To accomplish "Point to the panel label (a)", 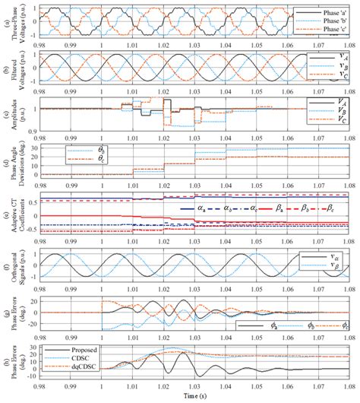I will pos(5,22).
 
